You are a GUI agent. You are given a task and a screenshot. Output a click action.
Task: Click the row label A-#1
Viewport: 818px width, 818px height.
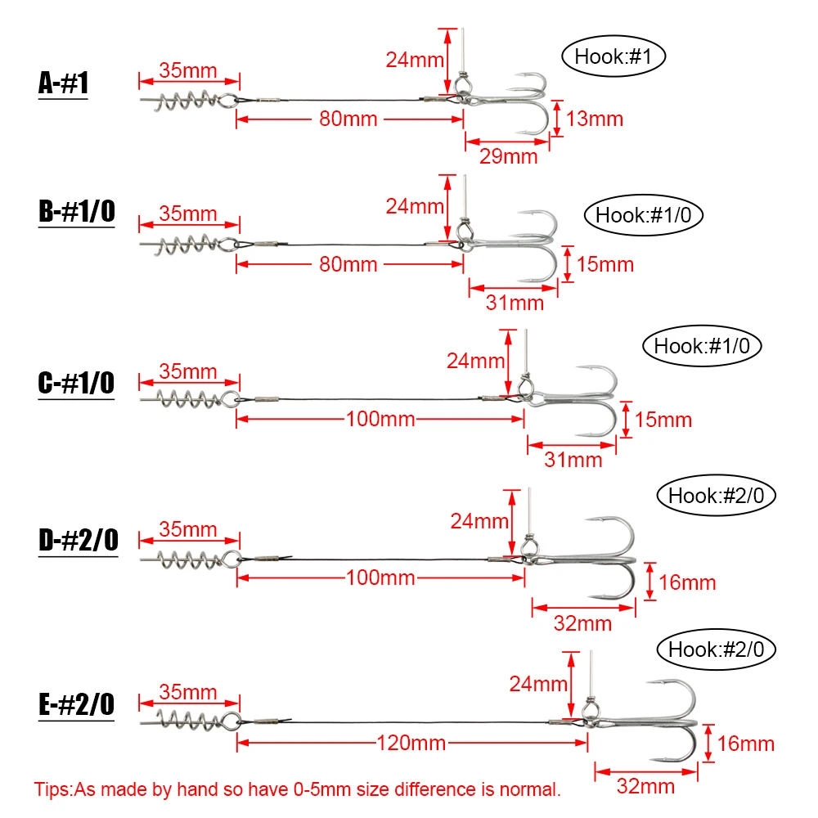63,84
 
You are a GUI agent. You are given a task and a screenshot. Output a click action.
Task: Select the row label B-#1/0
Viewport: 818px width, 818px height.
76,212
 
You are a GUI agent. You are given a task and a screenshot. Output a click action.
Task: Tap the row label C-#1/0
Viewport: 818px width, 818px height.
76,384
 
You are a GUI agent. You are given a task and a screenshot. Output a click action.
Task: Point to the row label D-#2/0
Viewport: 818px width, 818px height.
78,541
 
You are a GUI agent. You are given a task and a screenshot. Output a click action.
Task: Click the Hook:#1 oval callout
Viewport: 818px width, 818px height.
613,56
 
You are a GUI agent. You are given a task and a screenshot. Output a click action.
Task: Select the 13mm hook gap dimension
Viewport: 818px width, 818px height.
594,119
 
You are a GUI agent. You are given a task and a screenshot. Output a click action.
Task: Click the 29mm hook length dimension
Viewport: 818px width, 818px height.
507,155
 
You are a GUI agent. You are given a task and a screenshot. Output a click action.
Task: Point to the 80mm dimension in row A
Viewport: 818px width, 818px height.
348,119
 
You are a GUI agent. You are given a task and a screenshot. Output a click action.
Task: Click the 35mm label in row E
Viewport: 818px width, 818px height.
188,691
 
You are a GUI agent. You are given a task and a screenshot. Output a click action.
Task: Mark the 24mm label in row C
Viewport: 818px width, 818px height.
476,359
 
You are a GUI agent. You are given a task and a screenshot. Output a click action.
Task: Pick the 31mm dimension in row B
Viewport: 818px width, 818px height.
515,303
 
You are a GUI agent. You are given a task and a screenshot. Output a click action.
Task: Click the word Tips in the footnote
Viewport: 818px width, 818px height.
53,790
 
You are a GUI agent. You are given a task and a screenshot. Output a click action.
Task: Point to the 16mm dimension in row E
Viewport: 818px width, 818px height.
745,744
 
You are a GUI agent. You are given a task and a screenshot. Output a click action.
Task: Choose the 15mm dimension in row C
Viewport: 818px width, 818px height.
663,420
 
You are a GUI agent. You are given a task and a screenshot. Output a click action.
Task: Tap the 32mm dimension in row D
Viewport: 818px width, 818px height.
582,623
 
